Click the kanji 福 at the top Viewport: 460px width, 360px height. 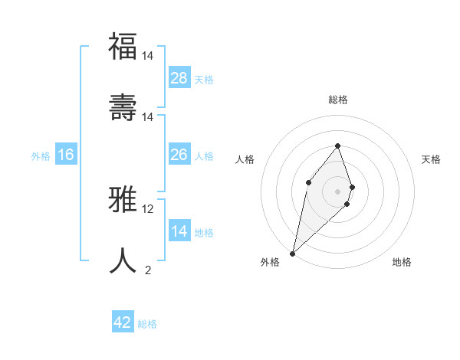pos(123,47)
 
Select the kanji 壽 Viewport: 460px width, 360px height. pos(123,107)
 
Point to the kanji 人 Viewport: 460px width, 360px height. pos(123,261)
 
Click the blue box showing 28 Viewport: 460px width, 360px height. pos(179,78)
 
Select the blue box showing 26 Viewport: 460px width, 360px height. pos(179,155)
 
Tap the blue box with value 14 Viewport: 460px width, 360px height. pos(179,231)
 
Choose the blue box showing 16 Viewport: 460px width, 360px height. pos(66,155)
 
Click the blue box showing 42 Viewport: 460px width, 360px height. pos(123,322)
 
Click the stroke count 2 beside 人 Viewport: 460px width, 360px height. pos(148,270)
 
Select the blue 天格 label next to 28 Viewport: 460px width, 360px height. pos(204,79)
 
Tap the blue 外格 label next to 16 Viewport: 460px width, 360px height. pos(41,155)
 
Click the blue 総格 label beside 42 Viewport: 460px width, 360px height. pos(147,323)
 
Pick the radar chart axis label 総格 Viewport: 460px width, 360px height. pos(337,100)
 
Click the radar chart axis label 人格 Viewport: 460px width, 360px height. pos(245,159)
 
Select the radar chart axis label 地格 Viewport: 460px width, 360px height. pos(402,262)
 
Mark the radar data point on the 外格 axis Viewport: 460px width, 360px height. pos(292,253)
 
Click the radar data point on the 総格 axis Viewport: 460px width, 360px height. pos(337,146)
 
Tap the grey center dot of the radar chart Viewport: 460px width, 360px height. pos(337,191)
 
